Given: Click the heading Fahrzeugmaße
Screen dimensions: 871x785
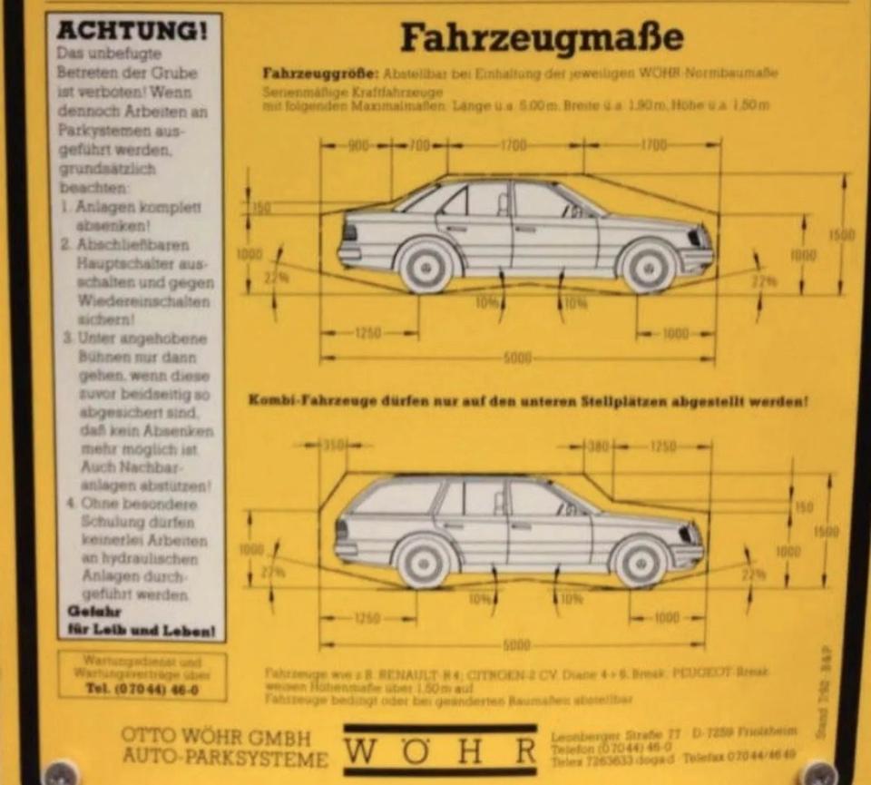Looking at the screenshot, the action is pyautogui.click(x=541, y=38).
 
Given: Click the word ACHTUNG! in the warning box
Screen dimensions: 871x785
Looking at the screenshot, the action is pyautogui.click(x=132, y=30).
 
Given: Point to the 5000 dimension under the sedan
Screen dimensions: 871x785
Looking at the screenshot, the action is pyautogui.click(x=517, y=358).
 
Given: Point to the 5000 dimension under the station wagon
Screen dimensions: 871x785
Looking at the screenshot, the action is pyautogui.click(x=517, y=645).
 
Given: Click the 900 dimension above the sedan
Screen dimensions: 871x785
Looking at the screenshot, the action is pyautogui.click(x=357, y=145).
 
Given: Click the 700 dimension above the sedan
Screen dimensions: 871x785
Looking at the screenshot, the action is pyautogui.click(x=418, y=145).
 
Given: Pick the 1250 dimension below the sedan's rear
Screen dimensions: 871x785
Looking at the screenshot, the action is pyautogui.click(x=367, y=334).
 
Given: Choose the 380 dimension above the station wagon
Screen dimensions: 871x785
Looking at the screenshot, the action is pyautogui.click(x=597, y=446).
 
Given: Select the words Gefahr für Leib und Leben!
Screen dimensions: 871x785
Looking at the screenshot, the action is pyautogui.click(x=141, y=621).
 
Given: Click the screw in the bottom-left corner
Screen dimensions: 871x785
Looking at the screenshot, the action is pyautogui.click(x=60, y=773).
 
